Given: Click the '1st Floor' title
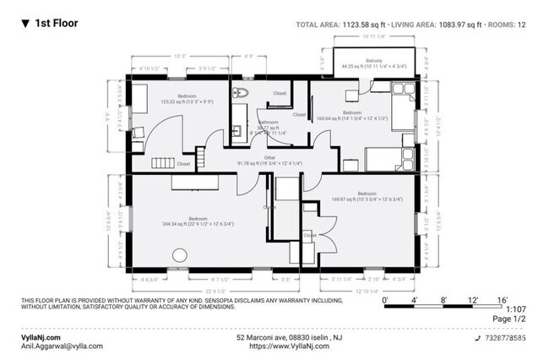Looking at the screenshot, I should coord(56,24).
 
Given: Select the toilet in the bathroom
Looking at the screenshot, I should coord(242,94).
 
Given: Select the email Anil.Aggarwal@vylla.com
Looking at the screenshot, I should coord(62,346).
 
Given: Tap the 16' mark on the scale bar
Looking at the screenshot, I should coord(502,300).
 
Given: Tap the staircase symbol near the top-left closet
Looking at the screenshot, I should coord(161,161).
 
